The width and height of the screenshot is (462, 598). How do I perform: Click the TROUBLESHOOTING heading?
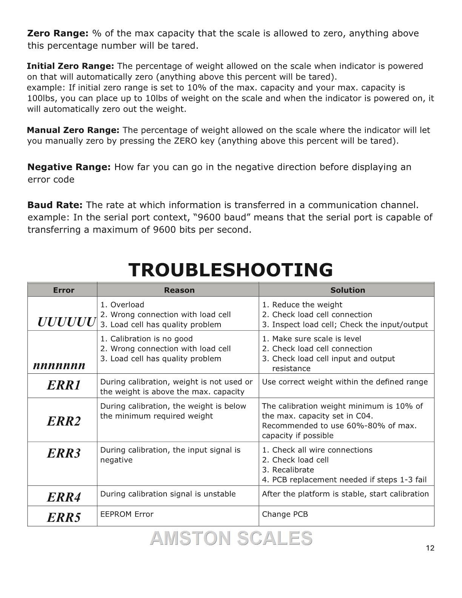pyautogui.click(x=231, y=270)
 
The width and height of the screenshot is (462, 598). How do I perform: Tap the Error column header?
pyautogui.click(x=63, y=290)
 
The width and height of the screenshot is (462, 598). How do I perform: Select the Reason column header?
pyautogui.click(x=179, y=290)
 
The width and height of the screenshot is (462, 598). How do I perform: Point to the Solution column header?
pyautogui.click(x=348, y=290)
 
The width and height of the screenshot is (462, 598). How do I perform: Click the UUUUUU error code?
pyautogui.click(x=66, y=322)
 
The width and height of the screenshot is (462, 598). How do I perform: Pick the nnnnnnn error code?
pyautogui.click(x=59, y=365)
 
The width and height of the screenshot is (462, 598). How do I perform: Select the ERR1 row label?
pyautogui.click(x=64, y=385)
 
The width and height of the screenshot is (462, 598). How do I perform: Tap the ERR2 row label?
pyautogui.click(x=64, y=421)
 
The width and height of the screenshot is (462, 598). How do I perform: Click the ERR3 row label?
pyautogui.click(x=64, y=453)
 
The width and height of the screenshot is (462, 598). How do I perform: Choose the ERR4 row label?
pyautogui.click(x=64, y=497)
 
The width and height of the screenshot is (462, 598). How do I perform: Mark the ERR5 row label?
pyautogui.click(x=64, y=517)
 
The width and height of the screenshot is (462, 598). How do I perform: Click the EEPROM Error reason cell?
pyautogui.click(x=127, y=514)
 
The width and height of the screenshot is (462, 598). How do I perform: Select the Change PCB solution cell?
pyautogui.click(x=285, y=514)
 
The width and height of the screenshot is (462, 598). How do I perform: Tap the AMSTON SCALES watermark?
pyautogui.click(x=231, y=538)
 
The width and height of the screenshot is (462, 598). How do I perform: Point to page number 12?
pyautogui.click(x=430, y=548)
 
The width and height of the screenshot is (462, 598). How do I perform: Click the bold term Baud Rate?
pyautogui.click(x=55, y=205)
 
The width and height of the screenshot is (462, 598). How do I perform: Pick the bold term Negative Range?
pyautogui.click(x=69, y=167)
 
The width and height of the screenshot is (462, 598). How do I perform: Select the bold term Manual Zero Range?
pyautogui.click(x=73, y=130)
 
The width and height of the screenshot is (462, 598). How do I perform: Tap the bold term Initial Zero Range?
pyautogui.click(x=70, y=66)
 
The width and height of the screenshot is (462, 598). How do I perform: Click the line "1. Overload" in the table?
pyautogui.click(x=122, y=305)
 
